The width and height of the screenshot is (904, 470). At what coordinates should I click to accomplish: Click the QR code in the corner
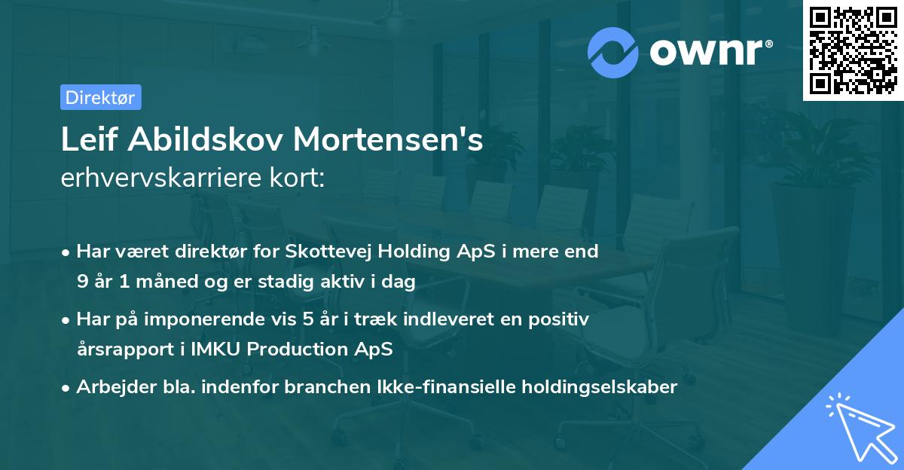[853, 50]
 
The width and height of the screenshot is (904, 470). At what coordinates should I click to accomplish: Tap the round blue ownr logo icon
[613, 52]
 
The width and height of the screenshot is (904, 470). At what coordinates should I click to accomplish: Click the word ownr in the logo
[710, 51]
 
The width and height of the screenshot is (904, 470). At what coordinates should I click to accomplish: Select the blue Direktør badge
[100, 97]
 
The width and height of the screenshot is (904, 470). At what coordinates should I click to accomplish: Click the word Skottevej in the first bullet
[328, 252]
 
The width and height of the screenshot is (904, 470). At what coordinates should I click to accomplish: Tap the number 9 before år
[81, 282]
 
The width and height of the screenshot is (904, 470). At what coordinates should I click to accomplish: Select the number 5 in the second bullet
[307, 319]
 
